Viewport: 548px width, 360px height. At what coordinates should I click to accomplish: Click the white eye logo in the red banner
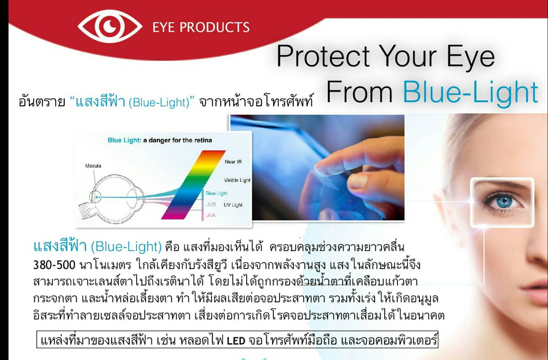110,26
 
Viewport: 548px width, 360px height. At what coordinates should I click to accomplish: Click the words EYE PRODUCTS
201,27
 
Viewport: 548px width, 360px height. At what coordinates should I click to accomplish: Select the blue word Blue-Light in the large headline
470,92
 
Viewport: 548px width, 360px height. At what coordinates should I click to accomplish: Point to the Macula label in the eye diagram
93,166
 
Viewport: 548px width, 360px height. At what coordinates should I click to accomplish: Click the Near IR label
233,162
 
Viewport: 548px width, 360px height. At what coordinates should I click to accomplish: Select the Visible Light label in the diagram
237,180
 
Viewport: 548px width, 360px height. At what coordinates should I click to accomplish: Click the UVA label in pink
211,215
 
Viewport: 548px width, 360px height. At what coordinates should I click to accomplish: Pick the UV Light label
233,205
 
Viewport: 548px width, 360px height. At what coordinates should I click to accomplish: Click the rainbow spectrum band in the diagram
193,185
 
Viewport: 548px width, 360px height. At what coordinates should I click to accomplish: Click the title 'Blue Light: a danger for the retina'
160,140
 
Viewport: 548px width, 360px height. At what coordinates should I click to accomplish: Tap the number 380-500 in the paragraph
54,265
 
